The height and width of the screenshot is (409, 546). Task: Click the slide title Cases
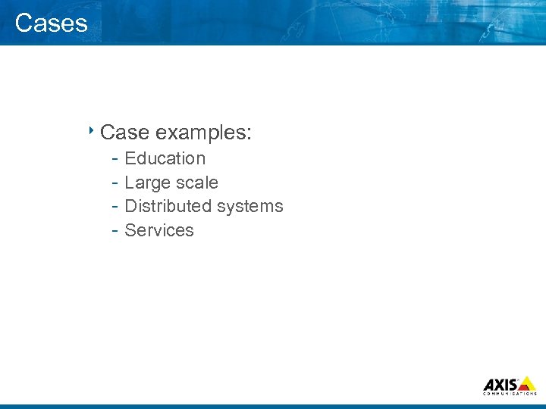tap(51, 23)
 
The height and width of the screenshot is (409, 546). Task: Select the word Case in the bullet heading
tap(124, 133)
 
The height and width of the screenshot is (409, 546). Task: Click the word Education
tap(165, 158)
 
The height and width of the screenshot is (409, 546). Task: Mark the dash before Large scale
tap(113, 183)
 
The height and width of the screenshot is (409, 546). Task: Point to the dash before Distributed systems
tap(113, 207)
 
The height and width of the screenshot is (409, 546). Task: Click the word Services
tap(159, 230)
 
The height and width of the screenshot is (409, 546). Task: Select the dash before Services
tap(113, 231)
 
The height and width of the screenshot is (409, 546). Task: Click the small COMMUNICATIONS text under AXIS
tap(510, 394)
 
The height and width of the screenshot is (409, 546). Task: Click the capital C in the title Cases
tap(23, 23)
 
